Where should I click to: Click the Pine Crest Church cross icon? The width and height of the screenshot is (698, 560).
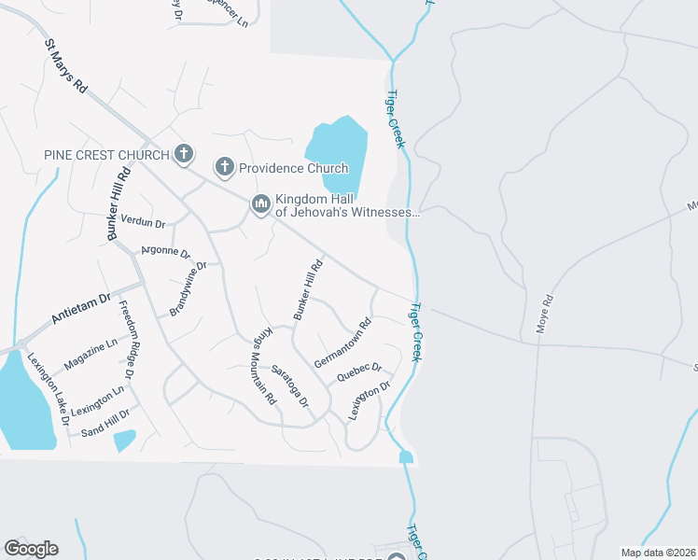(184, 154)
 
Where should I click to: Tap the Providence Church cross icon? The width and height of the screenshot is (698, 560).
(224, 168)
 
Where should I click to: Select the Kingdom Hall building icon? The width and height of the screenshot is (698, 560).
(260, 203)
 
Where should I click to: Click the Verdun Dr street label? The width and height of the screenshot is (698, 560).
(143, 223)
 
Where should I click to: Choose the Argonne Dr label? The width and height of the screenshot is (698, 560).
(165, 252)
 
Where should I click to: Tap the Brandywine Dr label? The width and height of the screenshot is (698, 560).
(186, 289)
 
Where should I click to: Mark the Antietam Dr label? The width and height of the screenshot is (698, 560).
(80, 308)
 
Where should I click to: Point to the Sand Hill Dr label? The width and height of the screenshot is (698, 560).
(105, 423)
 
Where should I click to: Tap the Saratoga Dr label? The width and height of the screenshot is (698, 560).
(289, 385)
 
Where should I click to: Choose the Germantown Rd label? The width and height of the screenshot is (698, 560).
(342, 343)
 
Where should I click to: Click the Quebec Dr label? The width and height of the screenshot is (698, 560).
(359, 372)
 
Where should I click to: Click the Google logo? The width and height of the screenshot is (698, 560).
(31, 549)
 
